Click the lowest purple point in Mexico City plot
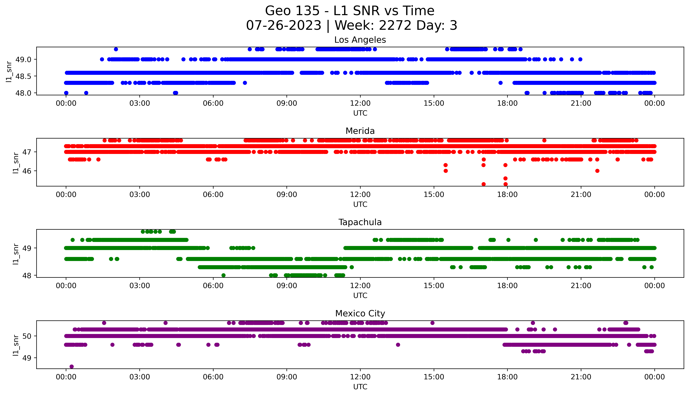72,366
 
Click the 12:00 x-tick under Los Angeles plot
360,103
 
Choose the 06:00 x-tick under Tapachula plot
213,286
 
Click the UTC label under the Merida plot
360,204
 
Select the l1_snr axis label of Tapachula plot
16,254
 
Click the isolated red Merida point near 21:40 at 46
597,171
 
